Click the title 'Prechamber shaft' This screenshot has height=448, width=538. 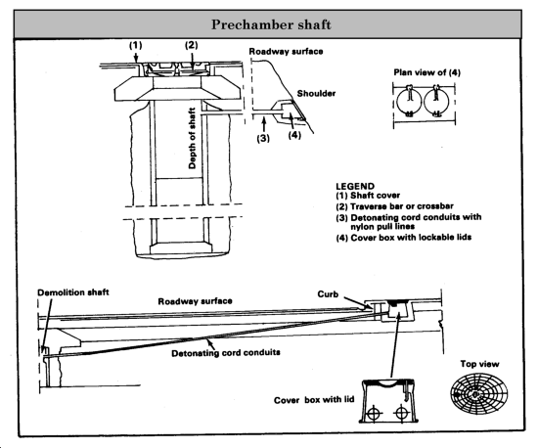tap(271, 24)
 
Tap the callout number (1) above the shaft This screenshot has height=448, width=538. tap(136, 45)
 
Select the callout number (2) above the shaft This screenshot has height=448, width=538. tap(192, 45)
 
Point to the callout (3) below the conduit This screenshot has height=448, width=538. tap(263, 138)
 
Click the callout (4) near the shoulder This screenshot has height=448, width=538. tap(294, 135)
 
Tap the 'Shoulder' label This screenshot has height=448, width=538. tap(316, 93)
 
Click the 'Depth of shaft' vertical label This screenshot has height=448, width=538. tap(192, 138)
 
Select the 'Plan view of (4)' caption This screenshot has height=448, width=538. tap(426, 72)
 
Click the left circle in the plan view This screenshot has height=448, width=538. tap(397, 102)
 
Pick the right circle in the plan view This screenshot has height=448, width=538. tap(425, 102)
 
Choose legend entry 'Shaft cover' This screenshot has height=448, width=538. tap(375, 196)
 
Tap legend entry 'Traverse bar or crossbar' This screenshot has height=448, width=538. tap(402, 206)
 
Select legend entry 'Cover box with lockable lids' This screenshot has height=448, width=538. tap(411, 238)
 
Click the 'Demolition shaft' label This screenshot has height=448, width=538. tap(73, 292)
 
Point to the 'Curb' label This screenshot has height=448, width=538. tap(328, 294)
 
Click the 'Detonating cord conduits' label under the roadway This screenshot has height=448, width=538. tap(226, 353)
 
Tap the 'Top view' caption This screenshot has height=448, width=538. tap(479, 364)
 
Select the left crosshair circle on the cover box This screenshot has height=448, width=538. tap(374, 413)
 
